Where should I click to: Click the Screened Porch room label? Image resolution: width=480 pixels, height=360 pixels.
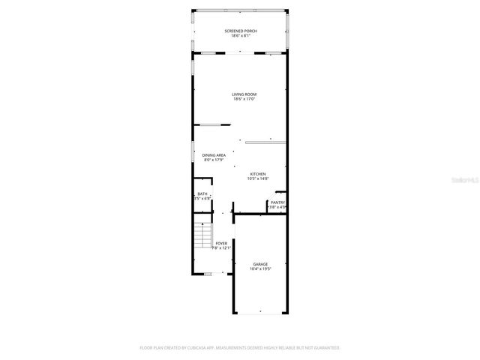point(240,31)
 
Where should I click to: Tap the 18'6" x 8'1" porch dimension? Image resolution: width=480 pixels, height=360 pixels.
point(240,35)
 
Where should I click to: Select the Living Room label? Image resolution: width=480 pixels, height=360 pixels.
point(244,94)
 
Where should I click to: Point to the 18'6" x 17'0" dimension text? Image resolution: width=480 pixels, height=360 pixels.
point(244,99)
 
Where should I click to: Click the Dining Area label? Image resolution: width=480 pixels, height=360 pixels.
point(214,155)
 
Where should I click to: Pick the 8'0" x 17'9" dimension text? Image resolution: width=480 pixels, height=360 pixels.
point(214,160)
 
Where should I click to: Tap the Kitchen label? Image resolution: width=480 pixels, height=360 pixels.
point(257,173)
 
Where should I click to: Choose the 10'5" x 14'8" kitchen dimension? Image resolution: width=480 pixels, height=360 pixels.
point(257,178)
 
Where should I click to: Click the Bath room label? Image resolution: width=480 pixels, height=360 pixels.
point(202,193)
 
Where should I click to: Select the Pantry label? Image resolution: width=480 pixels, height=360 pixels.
point(277,202)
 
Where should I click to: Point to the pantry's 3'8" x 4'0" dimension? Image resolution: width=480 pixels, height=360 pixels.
point(277,206)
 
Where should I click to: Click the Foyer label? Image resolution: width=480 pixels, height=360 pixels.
point(221,243)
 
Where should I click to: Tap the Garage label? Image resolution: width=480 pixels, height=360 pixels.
point(260,264)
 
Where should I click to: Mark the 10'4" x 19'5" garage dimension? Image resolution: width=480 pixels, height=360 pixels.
point(260,268)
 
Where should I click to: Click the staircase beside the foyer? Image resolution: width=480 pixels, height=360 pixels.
point(201,238)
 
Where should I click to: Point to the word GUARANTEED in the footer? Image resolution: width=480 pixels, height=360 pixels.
point(323,348)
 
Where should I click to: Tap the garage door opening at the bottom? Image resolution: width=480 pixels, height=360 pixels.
point(260,313)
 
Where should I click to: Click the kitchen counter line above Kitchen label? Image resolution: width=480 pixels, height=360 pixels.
point(265,139)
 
